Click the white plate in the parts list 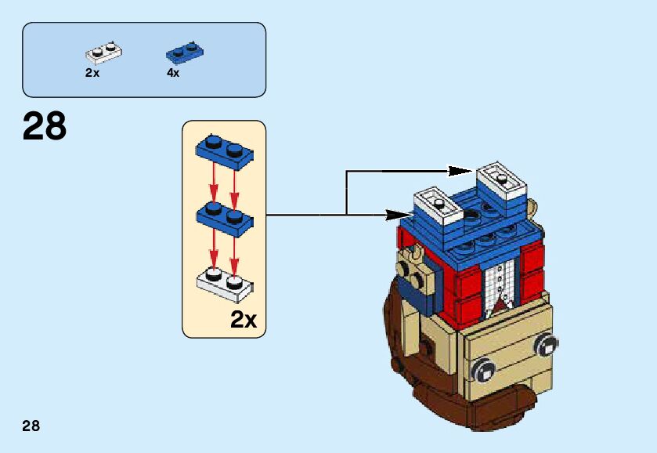coord(104,53)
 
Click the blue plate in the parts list coord(185,53)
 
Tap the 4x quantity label coord(173,73)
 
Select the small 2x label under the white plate coord(92,73)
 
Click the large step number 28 coord(45,127)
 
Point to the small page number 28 coord(31,426)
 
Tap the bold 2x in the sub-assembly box coord(244,320)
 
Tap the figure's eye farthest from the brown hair coord(547,342)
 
